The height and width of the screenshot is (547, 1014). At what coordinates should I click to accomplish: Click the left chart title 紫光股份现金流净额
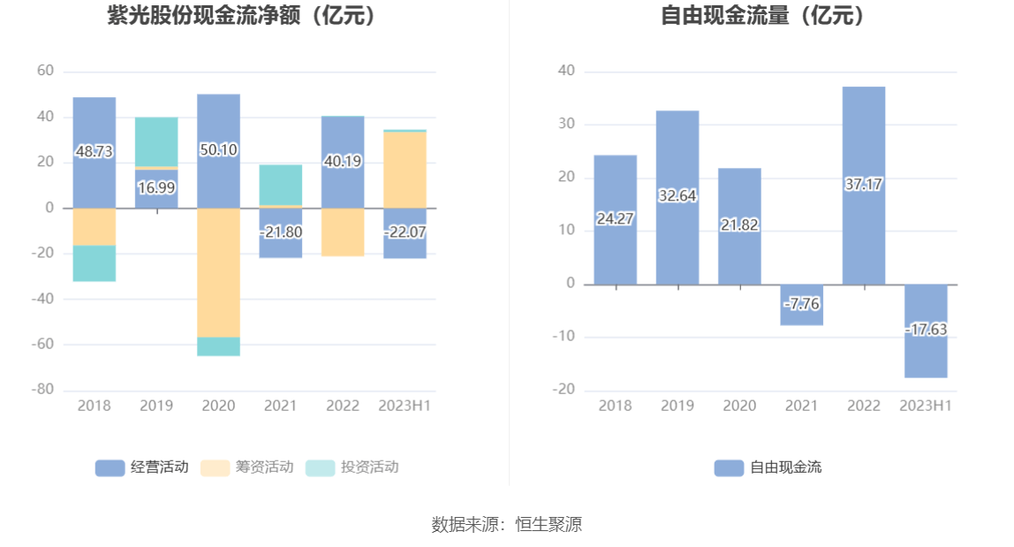point(241,15)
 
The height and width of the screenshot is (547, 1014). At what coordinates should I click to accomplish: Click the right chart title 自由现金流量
point(764,15)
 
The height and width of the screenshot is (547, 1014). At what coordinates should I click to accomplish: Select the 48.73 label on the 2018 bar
point(95,151)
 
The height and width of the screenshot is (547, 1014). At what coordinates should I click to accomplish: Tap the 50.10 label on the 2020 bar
point(218,149)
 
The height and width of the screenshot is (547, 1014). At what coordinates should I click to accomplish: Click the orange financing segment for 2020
point(218,272)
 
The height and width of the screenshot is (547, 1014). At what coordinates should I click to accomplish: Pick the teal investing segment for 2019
point(156,141)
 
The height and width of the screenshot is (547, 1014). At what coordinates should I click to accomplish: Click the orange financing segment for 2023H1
point(405,170)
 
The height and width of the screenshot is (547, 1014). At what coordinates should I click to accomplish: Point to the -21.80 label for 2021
point(280,232)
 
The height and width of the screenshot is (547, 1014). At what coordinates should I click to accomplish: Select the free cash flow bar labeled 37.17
point(864,185)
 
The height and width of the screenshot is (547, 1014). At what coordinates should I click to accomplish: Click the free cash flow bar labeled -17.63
point(926,330)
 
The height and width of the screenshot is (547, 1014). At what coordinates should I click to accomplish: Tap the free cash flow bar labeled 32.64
point(677,196)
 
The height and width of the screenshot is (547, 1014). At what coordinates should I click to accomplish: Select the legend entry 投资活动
point(352,467)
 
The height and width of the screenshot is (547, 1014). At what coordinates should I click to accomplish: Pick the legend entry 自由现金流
point(768,467)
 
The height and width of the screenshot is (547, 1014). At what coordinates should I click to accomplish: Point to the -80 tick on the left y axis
point(44,389)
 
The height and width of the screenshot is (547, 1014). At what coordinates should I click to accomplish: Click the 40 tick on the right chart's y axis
point(566,71)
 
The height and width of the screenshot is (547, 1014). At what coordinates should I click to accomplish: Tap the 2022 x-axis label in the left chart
point(343,406)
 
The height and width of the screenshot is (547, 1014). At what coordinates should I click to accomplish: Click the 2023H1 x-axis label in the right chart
point(926,406)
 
